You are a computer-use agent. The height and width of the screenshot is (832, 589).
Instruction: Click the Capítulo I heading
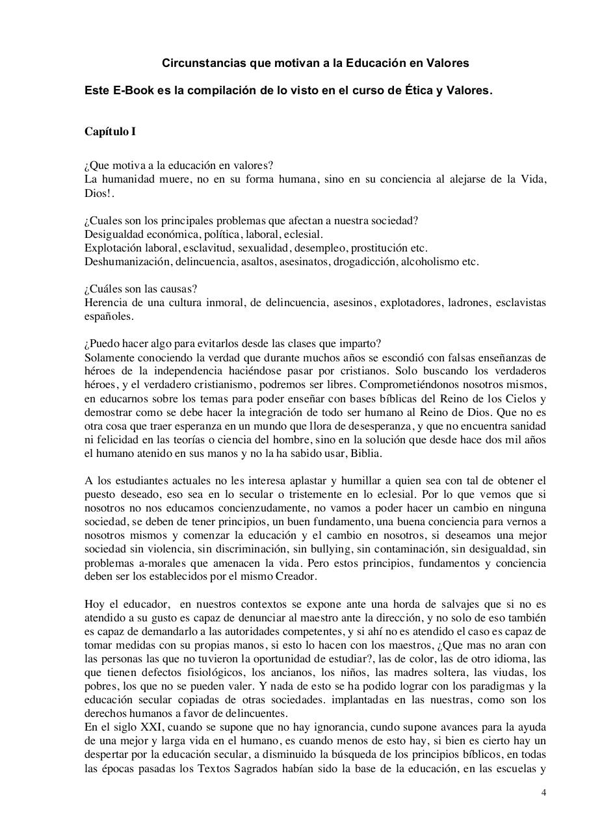110,131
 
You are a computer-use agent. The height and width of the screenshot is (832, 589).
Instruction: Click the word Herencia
105,302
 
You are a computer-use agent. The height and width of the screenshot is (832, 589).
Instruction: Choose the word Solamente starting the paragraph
111,357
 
